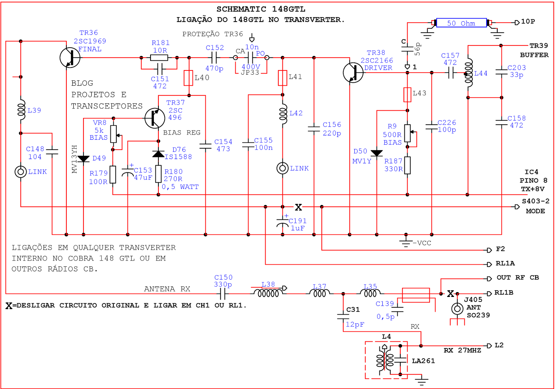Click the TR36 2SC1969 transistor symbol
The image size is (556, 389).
point(70,58)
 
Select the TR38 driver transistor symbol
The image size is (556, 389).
point(353,73)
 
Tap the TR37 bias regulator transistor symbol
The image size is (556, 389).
point(155,118)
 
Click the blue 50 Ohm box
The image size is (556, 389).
point(461,23)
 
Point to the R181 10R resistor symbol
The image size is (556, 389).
point(159,58)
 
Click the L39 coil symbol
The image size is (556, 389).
point(21,110)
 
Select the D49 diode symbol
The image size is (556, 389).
point(83,159)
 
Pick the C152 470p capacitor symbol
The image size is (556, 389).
point(214,58)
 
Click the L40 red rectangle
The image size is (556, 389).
point(188,78)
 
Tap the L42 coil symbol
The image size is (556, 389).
point(283,114)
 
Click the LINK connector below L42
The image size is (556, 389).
point(283,168)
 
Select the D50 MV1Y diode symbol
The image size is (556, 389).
point(377,153)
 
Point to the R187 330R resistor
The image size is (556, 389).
point(407,165)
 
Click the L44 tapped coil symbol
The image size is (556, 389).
point(469,73)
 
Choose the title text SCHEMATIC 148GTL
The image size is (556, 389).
point(261,9)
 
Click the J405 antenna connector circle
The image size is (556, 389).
point(457,308)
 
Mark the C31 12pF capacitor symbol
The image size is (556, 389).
point(343,316)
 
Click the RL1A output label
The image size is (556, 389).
point(505,263)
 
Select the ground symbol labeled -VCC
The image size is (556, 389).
point(406,242)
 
